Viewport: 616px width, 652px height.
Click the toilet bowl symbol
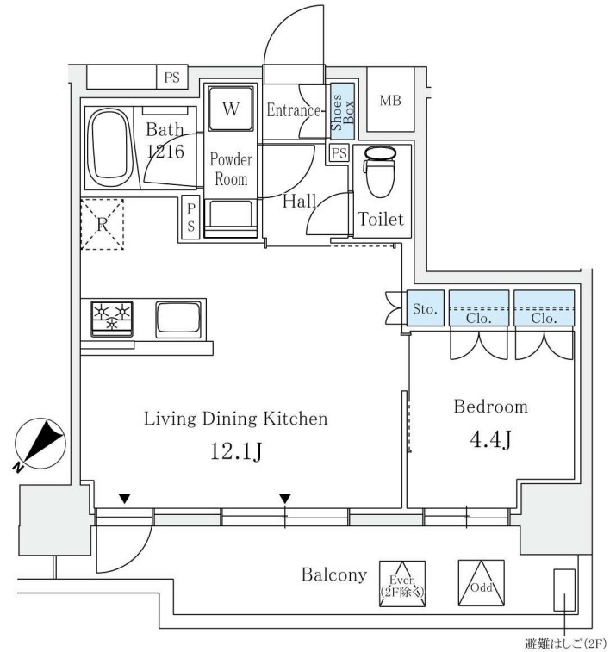click(x=379, y=171)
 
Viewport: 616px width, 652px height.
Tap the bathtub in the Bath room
click(x=109, y=147)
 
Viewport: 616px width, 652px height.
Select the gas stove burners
click(x=112, y=319)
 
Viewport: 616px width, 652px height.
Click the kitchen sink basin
click(x=178, y=320)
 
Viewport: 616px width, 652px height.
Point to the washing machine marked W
click(x=230, y=109)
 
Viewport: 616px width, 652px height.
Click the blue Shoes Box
click(x=343, y=111)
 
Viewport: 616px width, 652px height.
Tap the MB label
click(x=390, y=100)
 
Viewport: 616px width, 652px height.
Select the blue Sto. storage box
click(x=425, y=308)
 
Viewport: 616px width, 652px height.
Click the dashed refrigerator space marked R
click(x=103, y=225)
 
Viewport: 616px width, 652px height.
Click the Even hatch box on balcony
click(x=402, y=584)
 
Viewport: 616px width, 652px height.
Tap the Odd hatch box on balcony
click(x=482, y=583)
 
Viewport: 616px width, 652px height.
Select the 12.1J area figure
click(x=236, y=450)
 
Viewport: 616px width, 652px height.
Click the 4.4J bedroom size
click(x=491, y=439)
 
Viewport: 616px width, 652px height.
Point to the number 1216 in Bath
click(x=165, y=152)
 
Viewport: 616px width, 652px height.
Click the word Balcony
click(x=334, y=575)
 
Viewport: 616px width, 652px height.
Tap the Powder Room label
click(x=231, y=169)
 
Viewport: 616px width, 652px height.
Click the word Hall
click(x=300, y=202)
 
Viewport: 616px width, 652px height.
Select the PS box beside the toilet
click(x=339, y=153)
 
